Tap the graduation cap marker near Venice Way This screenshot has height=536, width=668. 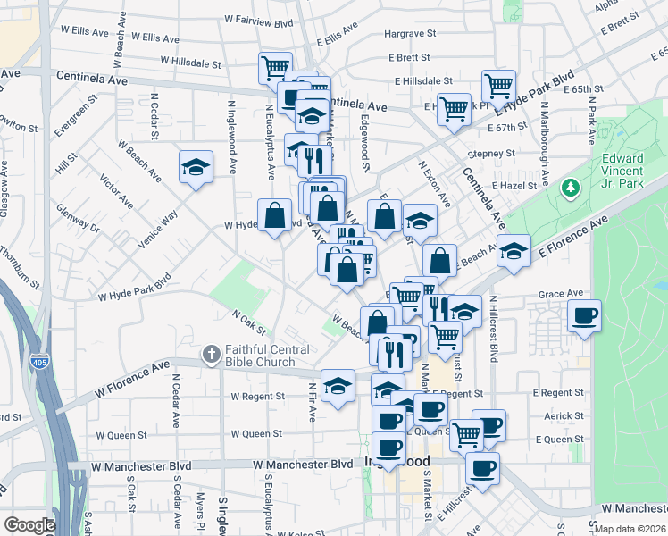[196, 167]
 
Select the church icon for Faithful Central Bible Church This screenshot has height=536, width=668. [210, 355]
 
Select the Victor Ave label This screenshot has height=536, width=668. [116, 188]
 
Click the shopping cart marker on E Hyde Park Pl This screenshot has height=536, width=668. [454, 110]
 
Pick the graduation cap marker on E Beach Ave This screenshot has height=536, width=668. [514, 251]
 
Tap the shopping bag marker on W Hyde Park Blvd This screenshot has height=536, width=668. [273, 215]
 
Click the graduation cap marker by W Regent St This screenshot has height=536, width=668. [338, 386]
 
